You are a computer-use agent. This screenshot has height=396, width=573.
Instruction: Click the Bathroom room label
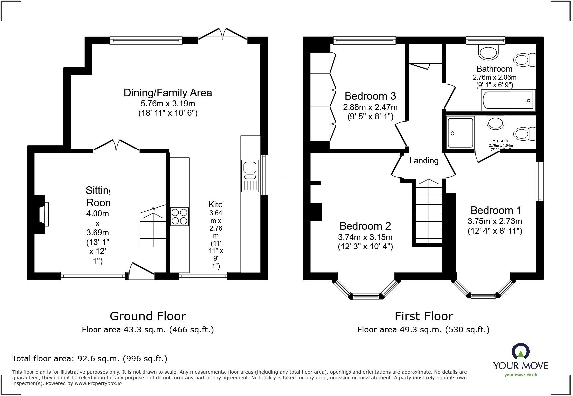494,69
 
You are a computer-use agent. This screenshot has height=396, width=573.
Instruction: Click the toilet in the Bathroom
525,60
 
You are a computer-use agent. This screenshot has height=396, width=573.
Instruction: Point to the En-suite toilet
525,134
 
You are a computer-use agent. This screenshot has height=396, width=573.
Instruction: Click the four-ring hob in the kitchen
179,217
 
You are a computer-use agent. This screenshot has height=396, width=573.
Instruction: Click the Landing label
423,161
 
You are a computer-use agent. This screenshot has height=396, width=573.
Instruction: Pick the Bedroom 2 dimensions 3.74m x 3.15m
365,237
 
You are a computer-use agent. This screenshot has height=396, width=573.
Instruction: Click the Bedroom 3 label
370,96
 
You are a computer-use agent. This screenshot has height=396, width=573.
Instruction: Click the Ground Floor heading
148,316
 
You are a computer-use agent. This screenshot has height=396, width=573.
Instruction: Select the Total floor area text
90,359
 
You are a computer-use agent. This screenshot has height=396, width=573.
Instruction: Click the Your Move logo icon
521,351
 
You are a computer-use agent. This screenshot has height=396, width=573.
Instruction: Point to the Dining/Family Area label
167,93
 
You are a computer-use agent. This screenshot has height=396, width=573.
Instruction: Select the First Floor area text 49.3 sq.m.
423,330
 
